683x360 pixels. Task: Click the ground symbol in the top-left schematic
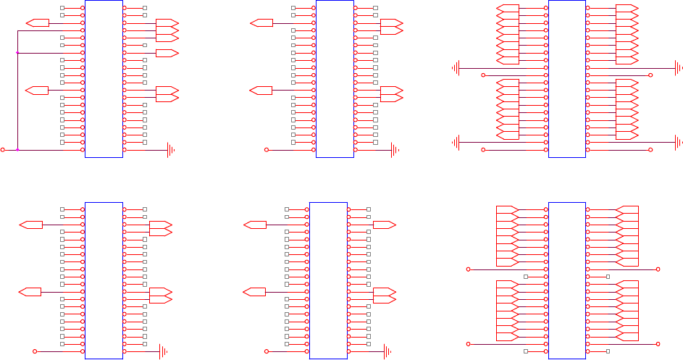[171, 150]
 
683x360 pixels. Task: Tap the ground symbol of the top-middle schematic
[395, 150]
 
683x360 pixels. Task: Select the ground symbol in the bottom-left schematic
[164, 351]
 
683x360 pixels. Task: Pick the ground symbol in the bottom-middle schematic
[388, 351]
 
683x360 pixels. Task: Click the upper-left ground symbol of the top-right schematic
[456, 68]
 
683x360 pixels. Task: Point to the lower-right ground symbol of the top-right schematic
[678, 143]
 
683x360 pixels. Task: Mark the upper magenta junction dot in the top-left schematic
[17, 53]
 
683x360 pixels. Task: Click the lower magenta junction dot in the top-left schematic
[17, 150]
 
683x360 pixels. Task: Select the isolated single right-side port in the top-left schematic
[167, 53]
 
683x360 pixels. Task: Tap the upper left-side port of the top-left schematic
[37, 23]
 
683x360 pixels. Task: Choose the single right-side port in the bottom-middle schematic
[384, 225]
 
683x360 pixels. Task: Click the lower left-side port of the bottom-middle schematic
[254, 292]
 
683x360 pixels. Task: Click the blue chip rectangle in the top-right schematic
[567, 78]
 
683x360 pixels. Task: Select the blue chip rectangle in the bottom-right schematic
[567, 280]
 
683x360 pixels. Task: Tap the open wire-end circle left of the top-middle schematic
[267, 150]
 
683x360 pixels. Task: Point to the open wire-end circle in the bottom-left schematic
[35, 351]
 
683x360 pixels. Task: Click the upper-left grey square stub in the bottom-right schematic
[525, 277]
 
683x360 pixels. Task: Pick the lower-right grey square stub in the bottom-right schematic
[608, 351]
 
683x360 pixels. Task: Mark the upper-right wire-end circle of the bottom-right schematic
[658, 269]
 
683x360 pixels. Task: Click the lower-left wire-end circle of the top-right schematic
[484, 150]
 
